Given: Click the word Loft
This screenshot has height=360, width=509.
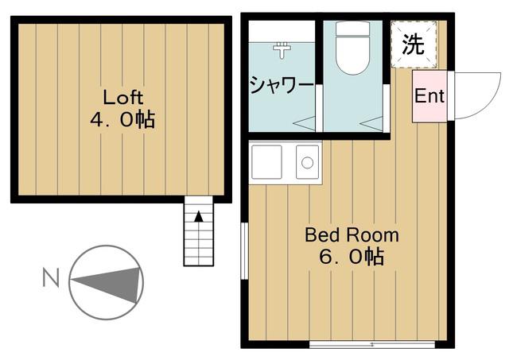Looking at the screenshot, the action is tap(123, 97).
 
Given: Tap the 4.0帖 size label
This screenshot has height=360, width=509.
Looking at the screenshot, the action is tap(122, 120).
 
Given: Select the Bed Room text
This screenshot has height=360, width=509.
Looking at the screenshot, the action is tap(352, 234).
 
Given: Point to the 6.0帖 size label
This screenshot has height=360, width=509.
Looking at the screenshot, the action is tap(352, 257).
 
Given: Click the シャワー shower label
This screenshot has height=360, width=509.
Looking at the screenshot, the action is tap(282, 85).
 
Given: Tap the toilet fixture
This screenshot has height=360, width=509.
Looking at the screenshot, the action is tap(353, 48).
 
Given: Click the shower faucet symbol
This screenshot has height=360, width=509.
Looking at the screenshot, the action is tap(282, 49).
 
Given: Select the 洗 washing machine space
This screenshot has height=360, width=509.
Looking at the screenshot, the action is tap(414, 45).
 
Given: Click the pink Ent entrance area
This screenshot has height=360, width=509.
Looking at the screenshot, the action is tap(429, 96).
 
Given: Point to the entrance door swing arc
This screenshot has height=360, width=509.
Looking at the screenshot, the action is tap(490, 101).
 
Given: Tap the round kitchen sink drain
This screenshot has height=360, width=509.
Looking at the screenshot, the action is tap(307, 162).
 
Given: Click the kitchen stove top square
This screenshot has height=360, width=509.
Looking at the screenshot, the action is tap(267, 162).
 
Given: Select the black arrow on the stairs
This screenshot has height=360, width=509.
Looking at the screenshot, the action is tap(199, 217).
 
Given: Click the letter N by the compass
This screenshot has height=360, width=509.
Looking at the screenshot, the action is tap(51, 277).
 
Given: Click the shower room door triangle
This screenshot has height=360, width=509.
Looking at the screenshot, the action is tap(305, 123).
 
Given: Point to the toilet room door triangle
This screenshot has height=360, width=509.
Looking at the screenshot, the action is tap(372, 124).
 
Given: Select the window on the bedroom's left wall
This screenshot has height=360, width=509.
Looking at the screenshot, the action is tap(244, 250).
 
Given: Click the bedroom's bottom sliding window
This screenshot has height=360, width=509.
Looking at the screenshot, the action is tap(371, 344).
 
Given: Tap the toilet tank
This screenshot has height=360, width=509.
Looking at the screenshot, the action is tap(353, 29).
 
